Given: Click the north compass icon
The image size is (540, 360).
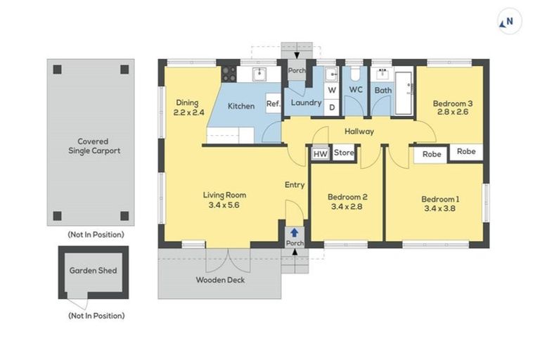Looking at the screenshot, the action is [x=509, y=21].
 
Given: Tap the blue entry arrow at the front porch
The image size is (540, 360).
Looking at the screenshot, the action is [x=294, y=233].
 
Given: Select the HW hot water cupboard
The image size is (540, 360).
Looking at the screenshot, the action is [x=321, y=154].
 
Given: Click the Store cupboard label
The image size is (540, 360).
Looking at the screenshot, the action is [x=344, y=153].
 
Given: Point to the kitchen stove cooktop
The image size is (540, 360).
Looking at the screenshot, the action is [x=229, y=74].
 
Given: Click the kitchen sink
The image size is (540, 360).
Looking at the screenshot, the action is [x=259, y=74].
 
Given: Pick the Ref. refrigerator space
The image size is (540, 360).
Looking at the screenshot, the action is [x=274, y=103].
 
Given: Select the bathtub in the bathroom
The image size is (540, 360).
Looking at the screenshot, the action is [x=404, y=93].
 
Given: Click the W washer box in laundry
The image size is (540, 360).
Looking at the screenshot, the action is [x=332, y=90].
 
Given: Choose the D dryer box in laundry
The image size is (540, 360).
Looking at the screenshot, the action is [x=332, y=108].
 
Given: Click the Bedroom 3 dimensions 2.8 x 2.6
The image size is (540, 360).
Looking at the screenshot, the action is [x=453, y=112].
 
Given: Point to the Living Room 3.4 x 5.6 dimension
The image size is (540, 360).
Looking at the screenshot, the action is [x=224, y=205].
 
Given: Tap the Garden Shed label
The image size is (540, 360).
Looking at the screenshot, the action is [x=93, y=271].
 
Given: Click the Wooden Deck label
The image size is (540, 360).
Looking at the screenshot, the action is [x=220, y=280].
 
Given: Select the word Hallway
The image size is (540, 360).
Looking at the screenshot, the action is [x=359, y=131].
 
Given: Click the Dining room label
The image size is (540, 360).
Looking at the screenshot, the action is [x=187, y=103].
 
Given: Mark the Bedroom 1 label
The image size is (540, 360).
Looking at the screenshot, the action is [x=440, y=199].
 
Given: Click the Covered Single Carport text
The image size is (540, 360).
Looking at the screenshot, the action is [x=94, y=146].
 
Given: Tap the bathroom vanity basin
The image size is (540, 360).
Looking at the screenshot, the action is [x=382, y=73].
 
